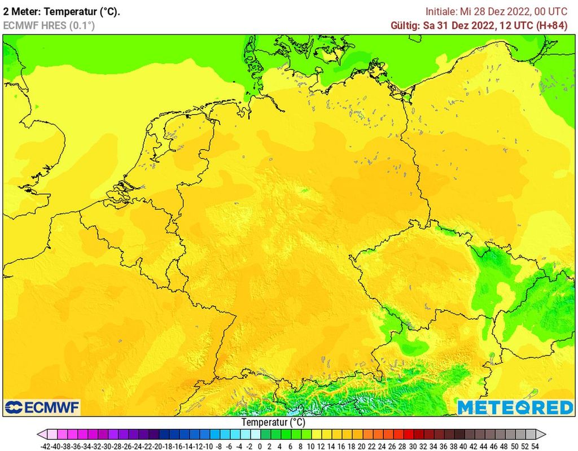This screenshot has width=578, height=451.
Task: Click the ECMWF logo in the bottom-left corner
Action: pos(42,407)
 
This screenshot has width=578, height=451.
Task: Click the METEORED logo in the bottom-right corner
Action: pos(515,407)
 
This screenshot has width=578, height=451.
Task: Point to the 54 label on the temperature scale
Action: pos(535,445)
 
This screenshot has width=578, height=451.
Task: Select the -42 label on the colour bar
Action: pos(47,445)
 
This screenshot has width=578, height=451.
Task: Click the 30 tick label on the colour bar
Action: pos(412,445)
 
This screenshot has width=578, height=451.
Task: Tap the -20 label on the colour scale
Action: pos(158,445)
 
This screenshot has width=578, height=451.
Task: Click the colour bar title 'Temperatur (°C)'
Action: pos(273,422)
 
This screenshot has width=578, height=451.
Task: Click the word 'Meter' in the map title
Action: pos(25,11)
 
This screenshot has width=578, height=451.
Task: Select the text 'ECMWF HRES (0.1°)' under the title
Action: pos(49,25)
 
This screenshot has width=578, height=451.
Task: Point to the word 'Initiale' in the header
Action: pos(441,11)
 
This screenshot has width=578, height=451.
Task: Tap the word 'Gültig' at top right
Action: pos(405,25)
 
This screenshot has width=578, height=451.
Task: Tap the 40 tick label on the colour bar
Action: pos(463,445)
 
